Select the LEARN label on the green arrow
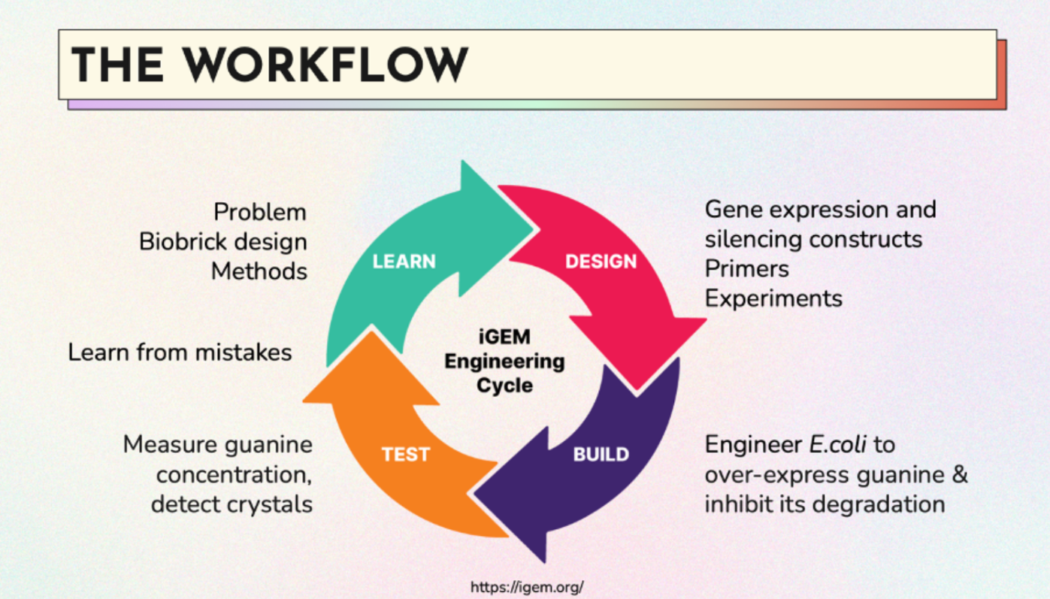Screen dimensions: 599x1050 click(x=404, y=262)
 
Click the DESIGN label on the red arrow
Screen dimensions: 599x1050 click(x=601, y=262)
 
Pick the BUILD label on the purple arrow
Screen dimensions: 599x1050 click(x=601, y=455)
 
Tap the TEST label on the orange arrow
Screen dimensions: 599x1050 click(x=405, y=455)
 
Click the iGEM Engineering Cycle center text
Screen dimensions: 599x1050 click(x=504, y=361)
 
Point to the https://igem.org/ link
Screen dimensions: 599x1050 click(x=526, y=587)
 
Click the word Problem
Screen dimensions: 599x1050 click(x=260, y=213)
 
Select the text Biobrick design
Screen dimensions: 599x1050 click(x=223, y=242)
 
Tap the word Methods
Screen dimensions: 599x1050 click(x=259, y=271)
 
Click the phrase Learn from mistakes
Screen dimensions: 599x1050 click(x=180, y=352)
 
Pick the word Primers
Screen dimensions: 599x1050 click(x=746, y=269)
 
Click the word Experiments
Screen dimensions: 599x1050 click(x=773, y=298)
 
